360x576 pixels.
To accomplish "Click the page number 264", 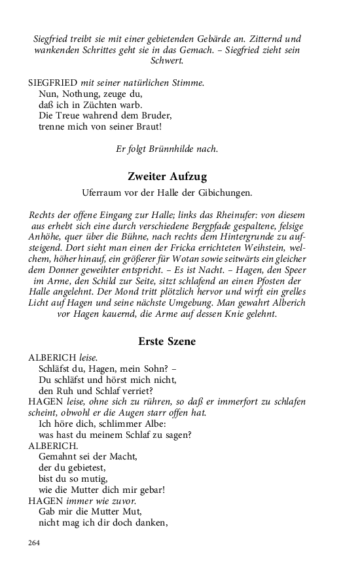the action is click(35, 543).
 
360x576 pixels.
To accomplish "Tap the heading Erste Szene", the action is click(166, 341).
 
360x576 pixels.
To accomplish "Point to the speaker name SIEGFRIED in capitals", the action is click(53, 82).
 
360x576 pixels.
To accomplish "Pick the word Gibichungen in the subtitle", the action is click(225, 194).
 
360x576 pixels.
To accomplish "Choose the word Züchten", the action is click(102, 105).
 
